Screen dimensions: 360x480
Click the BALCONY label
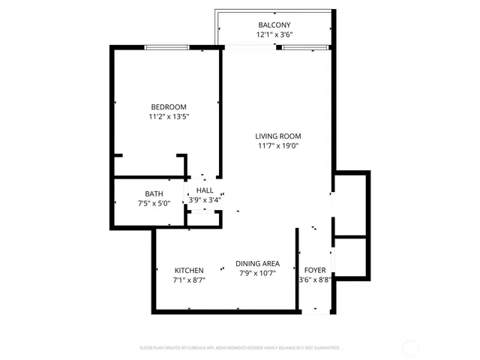point(274,24)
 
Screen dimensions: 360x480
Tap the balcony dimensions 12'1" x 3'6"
point(274,34)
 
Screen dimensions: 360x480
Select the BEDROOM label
point(168,107)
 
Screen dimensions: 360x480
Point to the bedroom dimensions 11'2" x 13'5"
point(168,117)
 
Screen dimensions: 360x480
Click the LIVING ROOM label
point(278,136)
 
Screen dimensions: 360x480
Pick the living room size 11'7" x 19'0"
point(278,145)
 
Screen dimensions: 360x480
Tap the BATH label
point(154,193)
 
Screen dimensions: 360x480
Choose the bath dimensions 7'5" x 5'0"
point(154,203)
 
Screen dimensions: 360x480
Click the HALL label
point(205,190)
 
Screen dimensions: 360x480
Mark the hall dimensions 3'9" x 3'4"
point(205,200)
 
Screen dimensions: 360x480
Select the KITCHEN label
point(189,270)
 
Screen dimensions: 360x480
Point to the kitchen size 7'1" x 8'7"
point(189,280)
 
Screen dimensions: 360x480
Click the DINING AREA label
point(257,263)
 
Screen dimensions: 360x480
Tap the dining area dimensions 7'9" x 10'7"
point(257,273)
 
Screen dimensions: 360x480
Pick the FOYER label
point(314,270)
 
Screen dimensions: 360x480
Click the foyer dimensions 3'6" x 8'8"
point(315,280)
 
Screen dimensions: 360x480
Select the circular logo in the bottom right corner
point(411,347)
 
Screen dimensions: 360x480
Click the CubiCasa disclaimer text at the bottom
point(240,348)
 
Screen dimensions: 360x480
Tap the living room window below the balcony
point(305,48)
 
